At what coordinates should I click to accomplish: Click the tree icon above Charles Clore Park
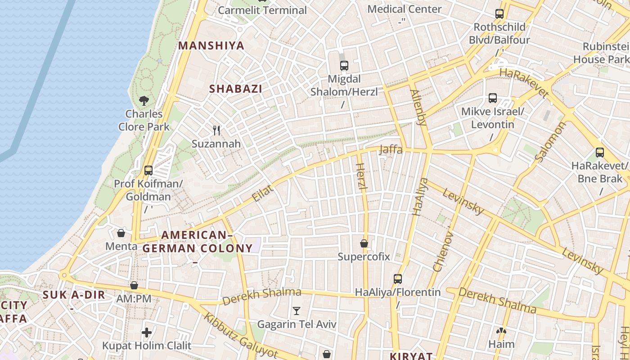tap(144, 100)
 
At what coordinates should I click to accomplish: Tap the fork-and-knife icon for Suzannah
tap(216, 130)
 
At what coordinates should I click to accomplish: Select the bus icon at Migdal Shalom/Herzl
tap(344, 66)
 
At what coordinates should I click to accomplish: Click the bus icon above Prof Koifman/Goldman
tap(148, 171)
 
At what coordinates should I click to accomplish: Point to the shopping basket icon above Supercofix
tap(364, 243)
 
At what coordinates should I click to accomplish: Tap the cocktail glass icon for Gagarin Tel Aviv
tap(296, 310)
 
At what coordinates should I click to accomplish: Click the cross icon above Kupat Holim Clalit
tap(147, 333)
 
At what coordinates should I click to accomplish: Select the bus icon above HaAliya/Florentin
tap(397, 279)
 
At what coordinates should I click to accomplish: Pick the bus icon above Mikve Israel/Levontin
tap(493, 98)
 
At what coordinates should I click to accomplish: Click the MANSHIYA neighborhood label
tap(211, 45)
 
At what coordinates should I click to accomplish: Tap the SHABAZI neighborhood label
tap(235, 89)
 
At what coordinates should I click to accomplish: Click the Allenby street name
tap(418, 107)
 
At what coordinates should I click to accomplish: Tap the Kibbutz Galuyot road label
tap(241, 335)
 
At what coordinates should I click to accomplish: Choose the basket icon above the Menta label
tap(121, 233)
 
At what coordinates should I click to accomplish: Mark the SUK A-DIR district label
tap(74, 295)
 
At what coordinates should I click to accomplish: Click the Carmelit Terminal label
tap(262, 10)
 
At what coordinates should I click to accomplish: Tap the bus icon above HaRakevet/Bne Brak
tap(599, 153)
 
